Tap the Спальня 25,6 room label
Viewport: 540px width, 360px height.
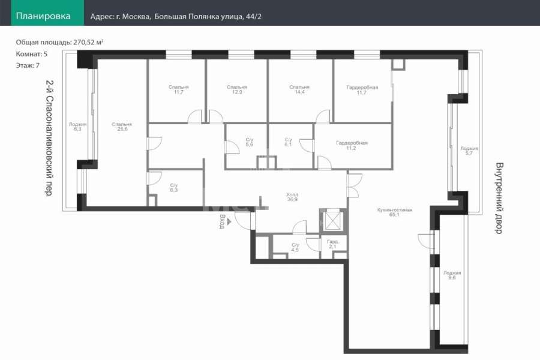[122, 127]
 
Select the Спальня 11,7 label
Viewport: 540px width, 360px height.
[178, 89]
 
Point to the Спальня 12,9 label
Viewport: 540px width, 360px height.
[237, 89]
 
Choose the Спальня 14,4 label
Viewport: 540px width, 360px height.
[299, 89]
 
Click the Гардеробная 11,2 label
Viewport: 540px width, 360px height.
[352, 145]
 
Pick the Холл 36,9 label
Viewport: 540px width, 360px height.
[292, 197]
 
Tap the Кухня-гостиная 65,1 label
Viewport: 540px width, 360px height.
[395, 212]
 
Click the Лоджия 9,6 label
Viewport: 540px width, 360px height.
[452, 275]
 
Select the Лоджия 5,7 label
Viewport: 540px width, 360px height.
[469, 151]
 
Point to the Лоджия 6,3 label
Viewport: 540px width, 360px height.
[77, 127]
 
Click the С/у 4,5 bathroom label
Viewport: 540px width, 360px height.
[295, 247]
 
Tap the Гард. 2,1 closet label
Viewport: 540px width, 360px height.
[332, 244]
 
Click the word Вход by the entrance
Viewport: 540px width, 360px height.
[222, 221]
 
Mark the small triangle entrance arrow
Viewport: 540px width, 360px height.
[229, 222]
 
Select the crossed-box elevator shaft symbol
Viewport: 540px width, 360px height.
[332, 219]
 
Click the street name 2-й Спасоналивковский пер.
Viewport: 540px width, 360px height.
[49, 138]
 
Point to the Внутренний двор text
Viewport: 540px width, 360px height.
[499, 198]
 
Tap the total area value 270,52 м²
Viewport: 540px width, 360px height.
[89, 43]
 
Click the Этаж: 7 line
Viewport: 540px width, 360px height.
[28, 65]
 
